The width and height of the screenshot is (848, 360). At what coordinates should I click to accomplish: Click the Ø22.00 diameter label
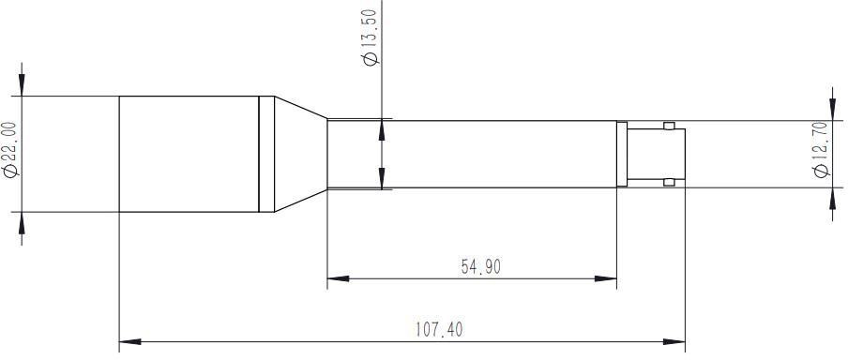click(11, 149)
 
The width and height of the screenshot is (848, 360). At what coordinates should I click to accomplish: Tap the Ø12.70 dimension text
click(821, 149)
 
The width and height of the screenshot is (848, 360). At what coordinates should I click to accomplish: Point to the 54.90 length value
click(481, 266)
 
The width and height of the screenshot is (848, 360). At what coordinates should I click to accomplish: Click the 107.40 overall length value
click(439, 329)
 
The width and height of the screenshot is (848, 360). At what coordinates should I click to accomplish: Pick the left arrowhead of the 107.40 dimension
click(129, 341)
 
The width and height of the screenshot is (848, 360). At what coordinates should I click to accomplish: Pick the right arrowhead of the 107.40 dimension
click(674, 341)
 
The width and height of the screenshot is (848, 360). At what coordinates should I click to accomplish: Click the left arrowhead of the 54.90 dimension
click(338, 279)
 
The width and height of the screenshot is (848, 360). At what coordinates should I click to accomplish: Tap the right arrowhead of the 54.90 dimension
click(606, 279)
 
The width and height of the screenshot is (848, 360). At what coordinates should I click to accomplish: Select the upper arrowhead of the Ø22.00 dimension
click(22, 85)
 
